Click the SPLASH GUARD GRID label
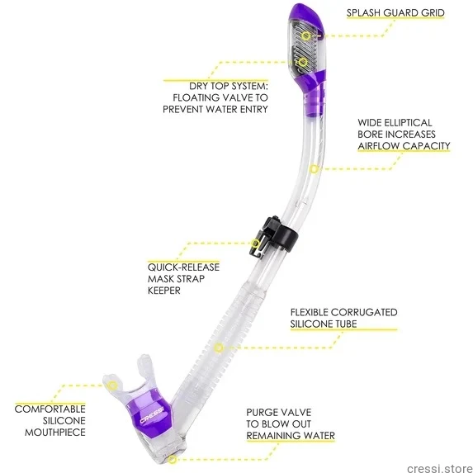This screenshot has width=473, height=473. [395, 12]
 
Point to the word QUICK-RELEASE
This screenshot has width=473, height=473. [183, 267]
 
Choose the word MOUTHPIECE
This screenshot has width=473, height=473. [55, 433]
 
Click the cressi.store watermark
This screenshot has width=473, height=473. [439, 468]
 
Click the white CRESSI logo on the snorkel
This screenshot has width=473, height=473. [152, 415]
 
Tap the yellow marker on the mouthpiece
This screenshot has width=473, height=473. [112, 385]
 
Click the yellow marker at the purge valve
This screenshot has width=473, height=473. [172, 460]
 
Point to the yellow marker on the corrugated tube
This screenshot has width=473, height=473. [219, 348]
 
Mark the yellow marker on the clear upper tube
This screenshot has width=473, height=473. [314, 169]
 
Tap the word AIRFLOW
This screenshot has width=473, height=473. [379, 146]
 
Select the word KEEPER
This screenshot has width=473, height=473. [164, 291]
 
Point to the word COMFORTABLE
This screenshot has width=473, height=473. [50, 409]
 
